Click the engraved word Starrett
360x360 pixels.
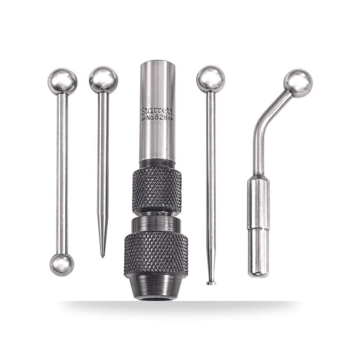coord(157,112)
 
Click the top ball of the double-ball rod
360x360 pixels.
coord(62,81)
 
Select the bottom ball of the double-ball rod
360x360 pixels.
coord(62,265)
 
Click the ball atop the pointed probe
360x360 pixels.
coord(104,80)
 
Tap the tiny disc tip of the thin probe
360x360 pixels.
coord(211,283)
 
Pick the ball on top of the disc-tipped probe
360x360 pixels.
coord(211,79)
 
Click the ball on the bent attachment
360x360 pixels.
coord(298,84)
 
